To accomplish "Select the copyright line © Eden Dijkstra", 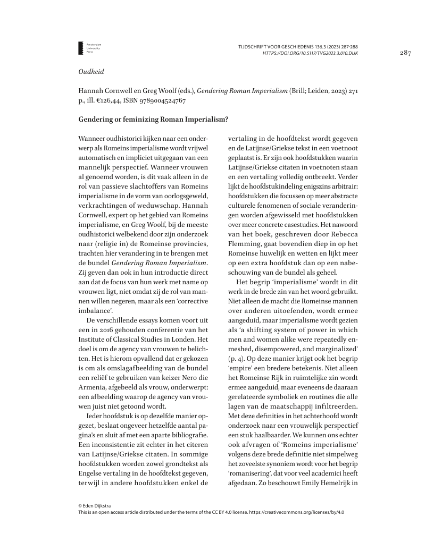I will [95, 505].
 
